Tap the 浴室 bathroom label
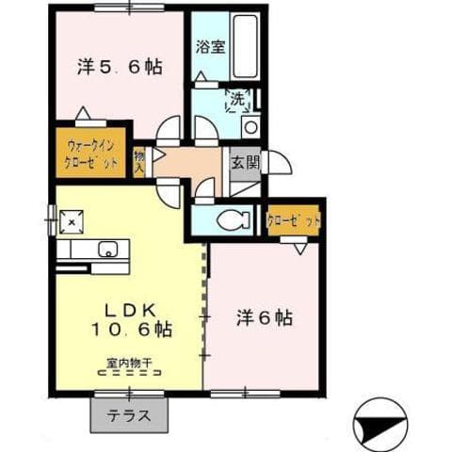click(209, 47)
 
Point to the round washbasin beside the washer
click(250, 127)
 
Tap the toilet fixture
click(230, 220)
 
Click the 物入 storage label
click(139, 162)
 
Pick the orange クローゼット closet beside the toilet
click(294, 220)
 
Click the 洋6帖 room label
click(264, 317)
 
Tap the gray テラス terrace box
click(130, 412)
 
